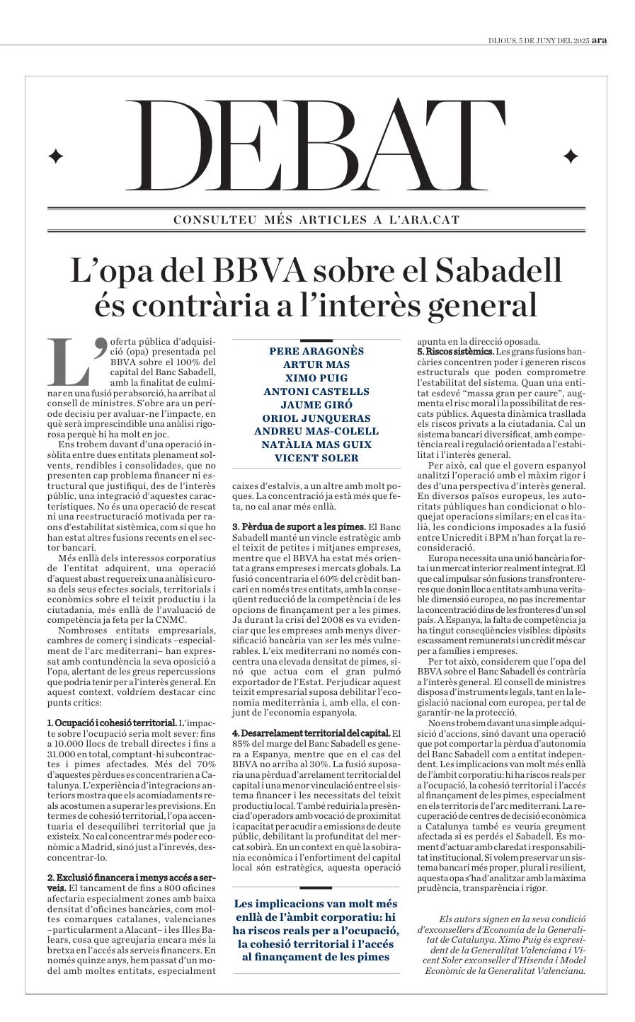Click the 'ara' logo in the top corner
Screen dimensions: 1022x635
[x=599, y=40]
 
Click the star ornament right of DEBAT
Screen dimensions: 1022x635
[x=570, y=156]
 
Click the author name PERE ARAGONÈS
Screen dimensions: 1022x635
[x=316, y=351]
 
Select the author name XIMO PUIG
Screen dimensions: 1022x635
[x=316, y=378]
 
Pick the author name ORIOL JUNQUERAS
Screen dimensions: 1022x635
[x=316, y=418]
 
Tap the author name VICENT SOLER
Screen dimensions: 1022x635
[x=316, y=458]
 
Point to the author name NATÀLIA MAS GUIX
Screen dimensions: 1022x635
[x=316, y=444]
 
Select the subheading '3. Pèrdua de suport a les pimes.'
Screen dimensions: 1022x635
[x=299, y=527]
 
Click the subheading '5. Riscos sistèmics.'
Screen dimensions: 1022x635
[x=454, y=352]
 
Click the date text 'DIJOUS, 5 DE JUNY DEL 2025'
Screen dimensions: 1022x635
[x=539, y=40]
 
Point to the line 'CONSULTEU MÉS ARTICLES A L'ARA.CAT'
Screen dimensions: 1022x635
[x=316, y=220]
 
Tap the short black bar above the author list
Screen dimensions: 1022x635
[x=316, y=341]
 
